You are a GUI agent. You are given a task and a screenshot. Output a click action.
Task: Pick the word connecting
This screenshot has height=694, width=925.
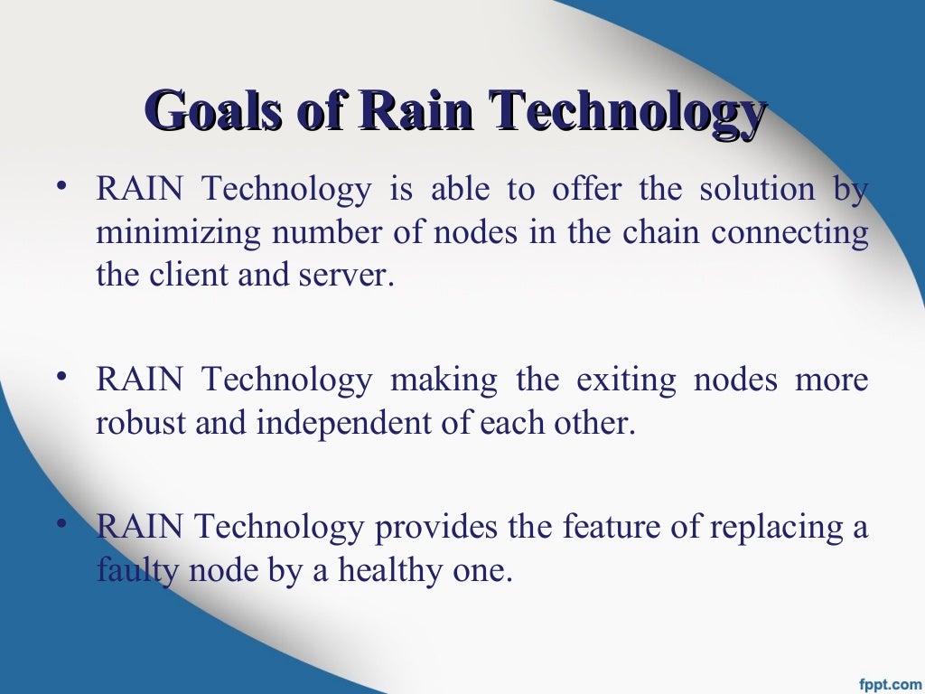pos(790,234)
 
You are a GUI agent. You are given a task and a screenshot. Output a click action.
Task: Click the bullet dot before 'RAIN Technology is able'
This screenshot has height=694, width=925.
pos(61,187)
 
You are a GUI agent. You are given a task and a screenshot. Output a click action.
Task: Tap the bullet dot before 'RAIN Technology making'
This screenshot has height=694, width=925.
pos(61,377)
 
